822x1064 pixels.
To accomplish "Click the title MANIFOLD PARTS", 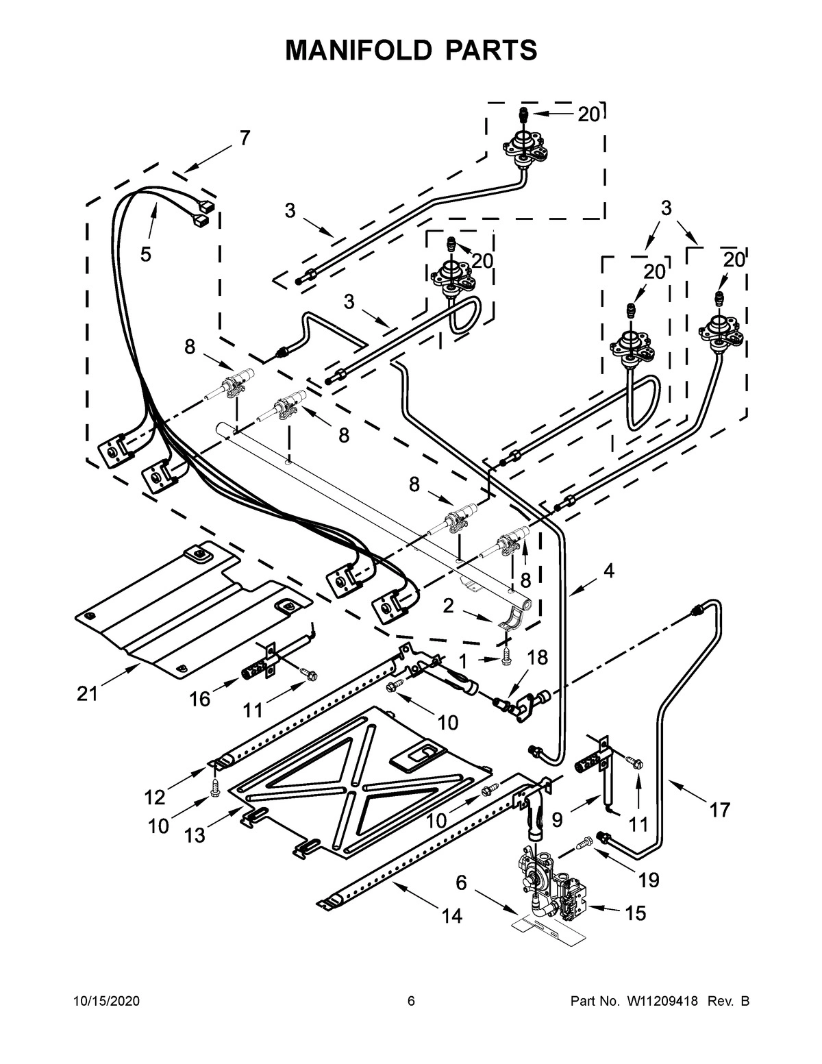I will click(x=411, y=50).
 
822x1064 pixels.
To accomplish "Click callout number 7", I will click(x=244, y=138).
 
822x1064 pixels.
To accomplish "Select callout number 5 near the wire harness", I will click(x=146, y=254).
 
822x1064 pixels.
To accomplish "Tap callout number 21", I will click(x=87, y=693).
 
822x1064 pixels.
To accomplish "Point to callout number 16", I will click(x=199, y=698).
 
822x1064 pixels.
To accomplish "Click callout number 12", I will click(x=155, y=797).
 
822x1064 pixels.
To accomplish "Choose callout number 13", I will click(x=195, y=835).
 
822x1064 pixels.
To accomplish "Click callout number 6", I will click(x=461, y=882).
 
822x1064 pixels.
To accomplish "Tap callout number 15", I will click(x=635, y=913).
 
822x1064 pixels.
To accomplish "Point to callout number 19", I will click(x=648, y=879).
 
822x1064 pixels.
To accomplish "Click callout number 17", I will click(x=719, y=810).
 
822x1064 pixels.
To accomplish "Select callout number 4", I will click(x=608, y=570).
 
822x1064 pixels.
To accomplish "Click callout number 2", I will click(x=448, y=604).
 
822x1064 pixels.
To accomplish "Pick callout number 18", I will click(x=538, y=658).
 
